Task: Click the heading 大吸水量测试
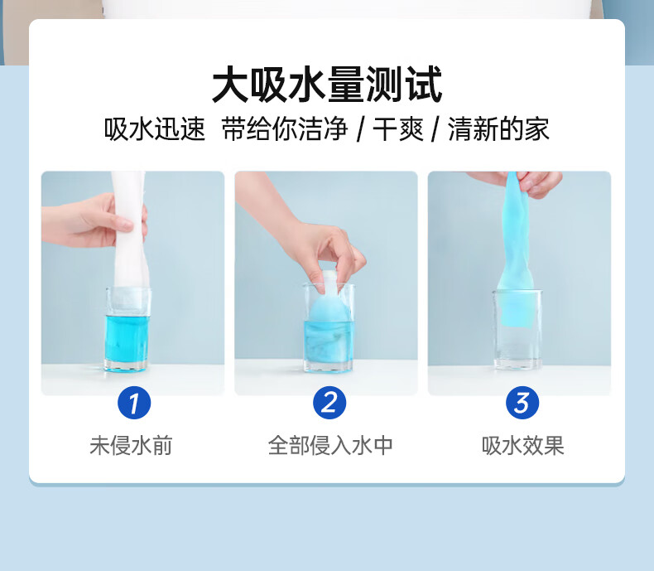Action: (x=327, y=85)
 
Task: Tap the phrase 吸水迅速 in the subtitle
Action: (x=155, y=129)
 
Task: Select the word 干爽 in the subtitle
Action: (x=398, y=129)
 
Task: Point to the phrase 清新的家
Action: (x=498, y=129)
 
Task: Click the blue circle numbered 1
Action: (x=134, y=403)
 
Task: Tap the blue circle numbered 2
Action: (x=329, y=403)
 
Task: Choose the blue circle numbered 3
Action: (x=522, y=403)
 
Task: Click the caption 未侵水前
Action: (x=131, y=445)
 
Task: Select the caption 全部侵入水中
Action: (x=330, y=445)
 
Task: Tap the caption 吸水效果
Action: (x=522, y=445)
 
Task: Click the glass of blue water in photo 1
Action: (x=127, y=329)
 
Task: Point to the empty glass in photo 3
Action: (x=517, y=330)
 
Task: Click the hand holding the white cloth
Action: (x=94, y=220)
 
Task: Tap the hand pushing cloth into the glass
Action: (x=305, y=234)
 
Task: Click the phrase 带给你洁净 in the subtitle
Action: (x=285, y=129)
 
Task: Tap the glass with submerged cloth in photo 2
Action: (x=329, y=327)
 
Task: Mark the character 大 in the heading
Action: (x=231, y=85)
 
